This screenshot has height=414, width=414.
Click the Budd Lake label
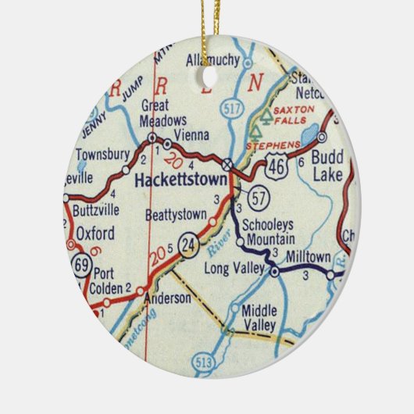click(327, 164)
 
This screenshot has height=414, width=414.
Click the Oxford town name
click(95, 233)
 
